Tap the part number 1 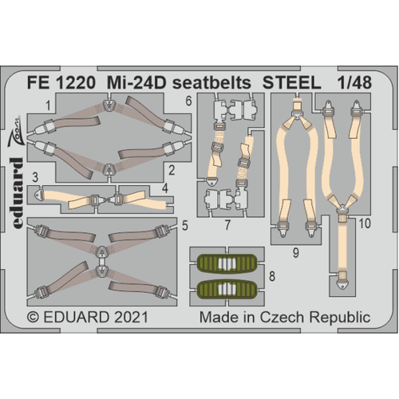click(x=49, y=104)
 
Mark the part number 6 click(x=187, y=101)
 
